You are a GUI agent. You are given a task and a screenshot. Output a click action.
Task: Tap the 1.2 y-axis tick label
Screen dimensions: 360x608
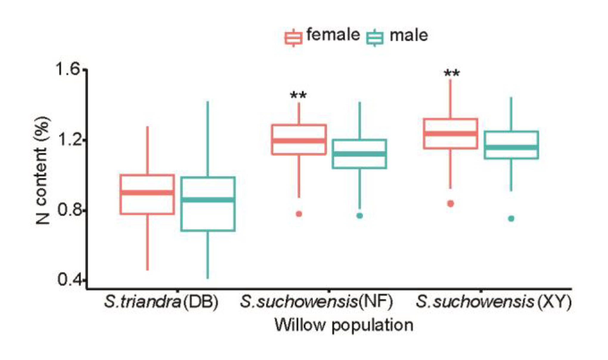click(68, 140)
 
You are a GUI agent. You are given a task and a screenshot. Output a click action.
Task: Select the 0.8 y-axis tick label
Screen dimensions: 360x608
click(68, 210)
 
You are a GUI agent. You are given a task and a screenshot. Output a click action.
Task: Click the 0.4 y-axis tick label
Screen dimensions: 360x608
click(68, 280)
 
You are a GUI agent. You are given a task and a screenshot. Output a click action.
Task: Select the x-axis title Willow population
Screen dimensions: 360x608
click(344, 325)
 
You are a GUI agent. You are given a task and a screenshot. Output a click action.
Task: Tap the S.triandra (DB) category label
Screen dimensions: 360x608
click(161, 302)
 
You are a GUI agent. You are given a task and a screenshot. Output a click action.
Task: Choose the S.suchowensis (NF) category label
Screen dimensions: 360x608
click(316, 302)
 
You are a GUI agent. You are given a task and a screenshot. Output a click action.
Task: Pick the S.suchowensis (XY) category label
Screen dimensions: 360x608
click(493, 302)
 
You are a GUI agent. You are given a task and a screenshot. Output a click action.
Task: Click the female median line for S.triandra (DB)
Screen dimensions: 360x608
click(147, 193)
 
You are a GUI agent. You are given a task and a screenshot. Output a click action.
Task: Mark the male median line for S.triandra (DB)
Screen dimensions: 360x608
click(208, 200)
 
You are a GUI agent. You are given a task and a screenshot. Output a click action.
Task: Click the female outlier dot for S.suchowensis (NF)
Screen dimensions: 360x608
click(299, 214)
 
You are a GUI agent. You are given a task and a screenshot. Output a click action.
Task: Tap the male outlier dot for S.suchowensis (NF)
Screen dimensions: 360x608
click(360, 216)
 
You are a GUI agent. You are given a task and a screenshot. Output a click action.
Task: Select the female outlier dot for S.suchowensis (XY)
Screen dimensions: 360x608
click(451, 204)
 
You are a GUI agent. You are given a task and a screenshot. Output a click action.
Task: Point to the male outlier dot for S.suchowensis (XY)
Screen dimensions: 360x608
click(511, 219)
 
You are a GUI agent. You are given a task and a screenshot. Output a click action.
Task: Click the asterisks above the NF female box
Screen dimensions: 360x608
click(298, 96)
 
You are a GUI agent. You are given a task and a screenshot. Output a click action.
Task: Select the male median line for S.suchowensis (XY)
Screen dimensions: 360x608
click(511, 148)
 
